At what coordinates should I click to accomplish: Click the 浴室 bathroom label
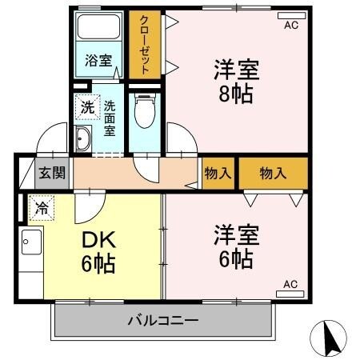click(100, 60)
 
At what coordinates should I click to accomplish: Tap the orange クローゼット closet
click(146, 46)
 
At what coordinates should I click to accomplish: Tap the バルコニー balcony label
click(164, 322)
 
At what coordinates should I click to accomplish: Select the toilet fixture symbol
click(145, 112)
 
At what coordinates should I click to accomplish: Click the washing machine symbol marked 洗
click(84, 105)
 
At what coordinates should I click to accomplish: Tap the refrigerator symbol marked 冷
click(38, 210)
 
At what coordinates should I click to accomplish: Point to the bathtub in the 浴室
click(100, 32)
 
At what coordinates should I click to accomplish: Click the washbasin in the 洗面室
click(82, 140)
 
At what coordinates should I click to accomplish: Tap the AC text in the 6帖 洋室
click(290, 284)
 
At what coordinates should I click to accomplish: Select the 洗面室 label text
click(110, 114)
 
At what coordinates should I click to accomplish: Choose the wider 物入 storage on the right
click(273, 172)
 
